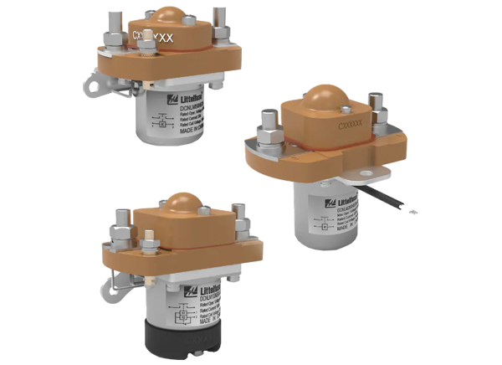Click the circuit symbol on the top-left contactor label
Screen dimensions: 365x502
click(162, 122)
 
